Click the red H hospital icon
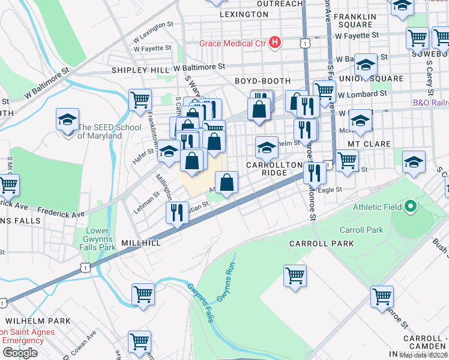275,42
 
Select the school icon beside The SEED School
68,120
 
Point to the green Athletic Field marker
411,208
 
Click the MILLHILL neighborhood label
140,243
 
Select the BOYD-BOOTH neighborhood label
262,80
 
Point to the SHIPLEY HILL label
140,70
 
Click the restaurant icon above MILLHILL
177,213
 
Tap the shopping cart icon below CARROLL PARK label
295,277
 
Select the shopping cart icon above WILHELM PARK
143,295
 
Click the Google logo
20,353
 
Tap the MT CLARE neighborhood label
369,144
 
